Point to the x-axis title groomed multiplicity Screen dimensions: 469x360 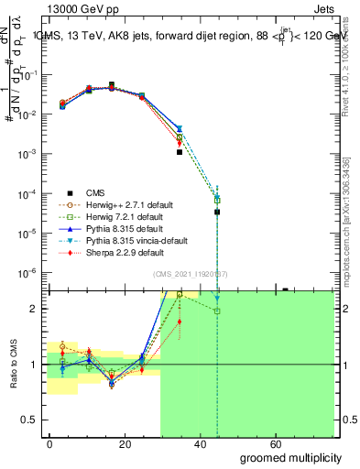click(x=292, y=456)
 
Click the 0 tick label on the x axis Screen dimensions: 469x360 click(x=49, y=443)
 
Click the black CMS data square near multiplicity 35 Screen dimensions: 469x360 click(x=180, y=152)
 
